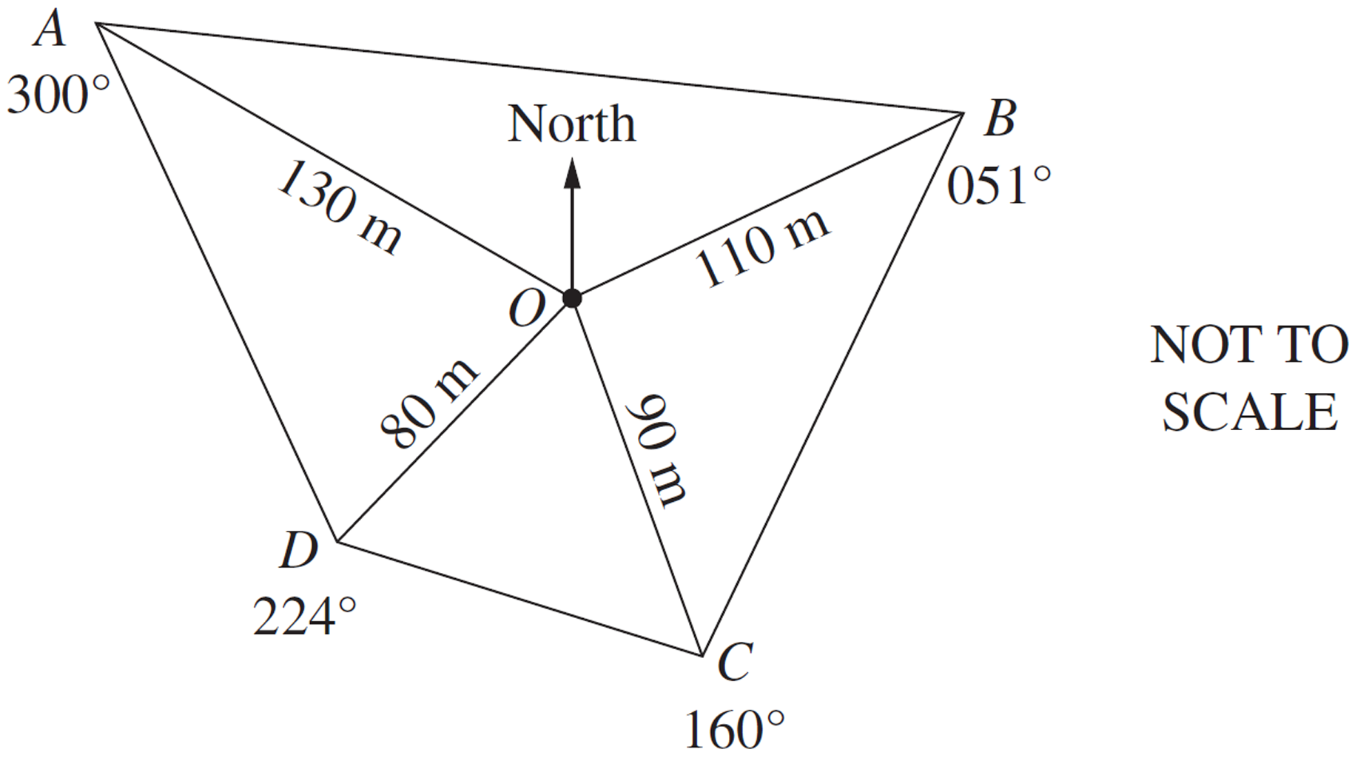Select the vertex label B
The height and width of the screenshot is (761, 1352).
[x=1000, y=118]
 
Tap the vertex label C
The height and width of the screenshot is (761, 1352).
[x=736, y=662]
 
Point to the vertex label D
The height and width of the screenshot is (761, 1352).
[x=299, y=551]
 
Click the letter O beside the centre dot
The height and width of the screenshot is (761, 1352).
[x=527, y=307]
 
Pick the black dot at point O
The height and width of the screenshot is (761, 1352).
[x=572, y=298]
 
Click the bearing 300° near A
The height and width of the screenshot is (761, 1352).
[x=58, y=96]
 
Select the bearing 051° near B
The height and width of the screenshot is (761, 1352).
[x=999, y=185]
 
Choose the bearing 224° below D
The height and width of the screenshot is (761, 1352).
[x=304, y=617]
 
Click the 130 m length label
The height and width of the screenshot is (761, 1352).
[x=340, y=208]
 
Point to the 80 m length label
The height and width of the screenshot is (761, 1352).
[x=429, y=403]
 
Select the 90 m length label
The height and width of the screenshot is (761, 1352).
[x=657, y=450]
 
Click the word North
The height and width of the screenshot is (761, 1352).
[x=572, y=124]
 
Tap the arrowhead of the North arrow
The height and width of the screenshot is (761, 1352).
[x=572, y=172]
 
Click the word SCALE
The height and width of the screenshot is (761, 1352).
[x=1250, y=412]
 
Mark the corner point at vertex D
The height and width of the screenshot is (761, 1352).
[x=337, y=542]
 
